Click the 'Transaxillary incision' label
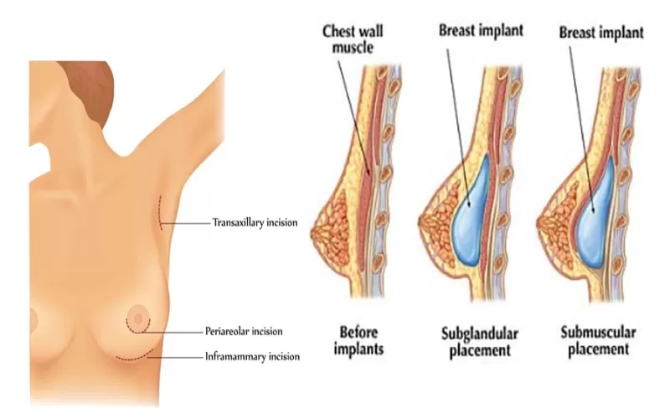tap(255, 223)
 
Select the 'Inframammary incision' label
tap(252, 356)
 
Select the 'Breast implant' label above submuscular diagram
tap(602, 33)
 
